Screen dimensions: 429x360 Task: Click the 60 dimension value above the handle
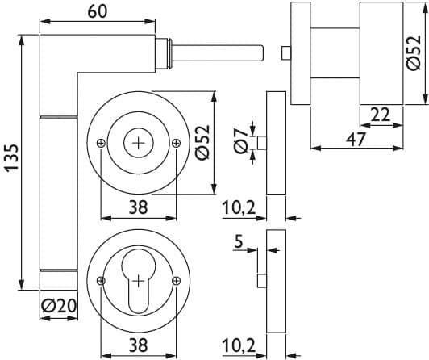[x=98, y=12]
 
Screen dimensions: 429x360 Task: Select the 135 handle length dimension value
[x=12, y=158]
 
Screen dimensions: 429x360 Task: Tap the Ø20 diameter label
[x=59, y=306]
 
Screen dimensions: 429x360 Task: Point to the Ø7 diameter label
[x=240, y=141]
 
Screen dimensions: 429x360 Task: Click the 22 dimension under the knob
[x=381, y=115]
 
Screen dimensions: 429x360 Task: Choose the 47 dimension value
[x=356, y=140]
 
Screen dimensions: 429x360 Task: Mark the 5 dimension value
[x=239, y=242]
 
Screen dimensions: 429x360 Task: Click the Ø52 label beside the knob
[x=414, y=52]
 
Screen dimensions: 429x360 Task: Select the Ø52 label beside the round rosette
[x=202, y=142]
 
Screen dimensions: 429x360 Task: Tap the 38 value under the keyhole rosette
[x=139, y=345]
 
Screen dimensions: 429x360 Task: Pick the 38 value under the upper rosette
[x=139, y=207]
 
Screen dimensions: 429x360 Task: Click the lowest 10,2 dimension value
[x=239, y=346]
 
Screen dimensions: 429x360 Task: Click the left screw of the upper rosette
[x=102, y=143]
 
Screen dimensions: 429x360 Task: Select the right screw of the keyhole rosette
[x=176, y=280]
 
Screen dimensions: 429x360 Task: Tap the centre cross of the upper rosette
[x=139, y=143]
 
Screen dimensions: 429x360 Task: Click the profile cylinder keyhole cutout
[x=139, y=281]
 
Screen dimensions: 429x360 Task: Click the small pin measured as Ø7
[x=262, y=143]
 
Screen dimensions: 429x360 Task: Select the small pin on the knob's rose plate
[x=286, y=52]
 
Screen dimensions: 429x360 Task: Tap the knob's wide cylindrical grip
[x=381, y=53]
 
